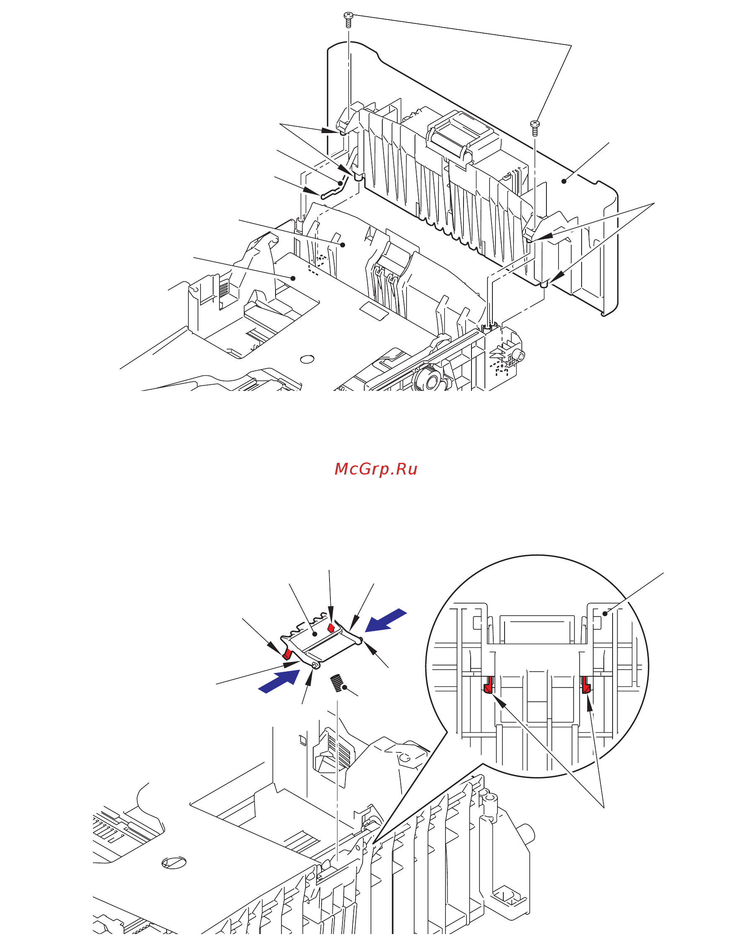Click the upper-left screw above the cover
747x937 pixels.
click(x=348, y=20)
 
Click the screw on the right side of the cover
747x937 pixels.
click(x=535, y=128)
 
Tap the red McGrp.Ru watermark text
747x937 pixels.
click(x=376, y=470)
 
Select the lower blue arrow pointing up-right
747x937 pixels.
click(x=279, y=681)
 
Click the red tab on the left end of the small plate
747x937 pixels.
click(x=287, y=653)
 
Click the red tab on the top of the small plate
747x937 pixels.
click(x=331, y=628)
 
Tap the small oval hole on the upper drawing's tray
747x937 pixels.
click(x=307, y=359)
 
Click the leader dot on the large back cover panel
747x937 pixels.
click(x=564, y=181)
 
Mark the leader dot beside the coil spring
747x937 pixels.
click(x=345, y=687)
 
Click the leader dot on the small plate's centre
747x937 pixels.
click(x=315, y=634)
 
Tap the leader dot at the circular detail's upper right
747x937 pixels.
click(x=605, y=614)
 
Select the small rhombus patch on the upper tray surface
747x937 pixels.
click(x=374, y=311)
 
